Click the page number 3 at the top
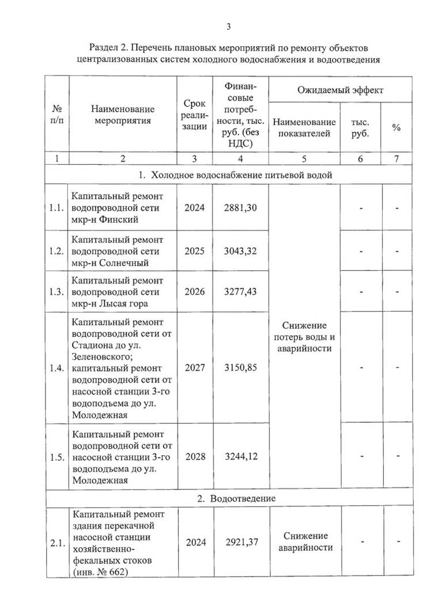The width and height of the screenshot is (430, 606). (x=228, y=26)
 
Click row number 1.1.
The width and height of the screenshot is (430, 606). (x=56, y=208)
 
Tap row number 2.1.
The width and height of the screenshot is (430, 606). (x=56, y=542)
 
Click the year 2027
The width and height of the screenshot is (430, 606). (x=195, y=368)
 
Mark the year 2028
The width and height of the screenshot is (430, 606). (x=195, y=457)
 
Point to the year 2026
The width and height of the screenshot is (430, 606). (x=195, y=292)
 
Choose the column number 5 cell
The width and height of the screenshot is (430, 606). (x=304, y=158)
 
